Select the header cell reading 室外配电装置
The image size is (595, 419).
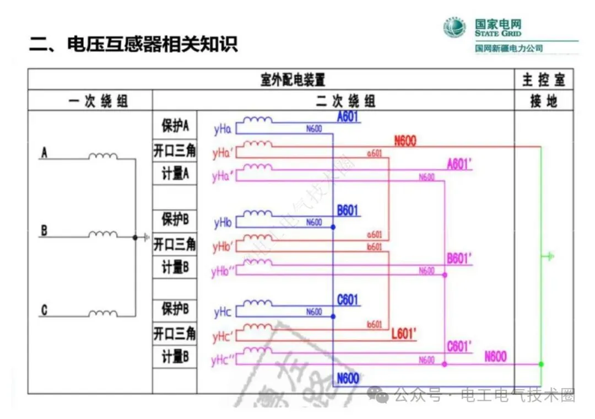click(x=293, y=80)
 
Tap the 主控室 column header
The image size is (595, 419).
click(x=543, y=80)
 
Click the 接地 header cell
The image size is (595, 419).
click(x=543, y=101)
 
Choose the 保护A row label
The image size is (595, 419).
click(x=175, y=126)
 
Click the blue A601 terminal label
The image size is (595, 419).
click(x=348, y=116)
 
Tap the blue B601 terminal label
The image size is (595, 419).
click(x=348, y=211)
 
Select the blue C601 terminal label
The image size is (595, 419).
click(x=348, y=300)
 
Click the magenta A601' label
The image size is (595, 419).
click(x=459, y=164)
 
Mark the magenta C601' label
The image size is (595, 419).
click(x=459, y=347)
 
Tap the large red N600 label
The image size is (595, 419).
click(x=405, y=141)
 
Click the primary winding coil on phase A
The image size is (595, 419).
click(x=104, y=157)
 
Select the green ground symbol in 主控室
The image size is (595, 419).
click(x=548, y=256)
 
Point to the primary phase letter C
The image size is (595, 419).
click(x=44, y=311)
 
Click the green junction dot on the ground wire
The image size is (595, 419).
click(x=541, y=364)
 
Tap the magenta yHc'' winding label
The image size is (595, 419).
click(x=224, y=361)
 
